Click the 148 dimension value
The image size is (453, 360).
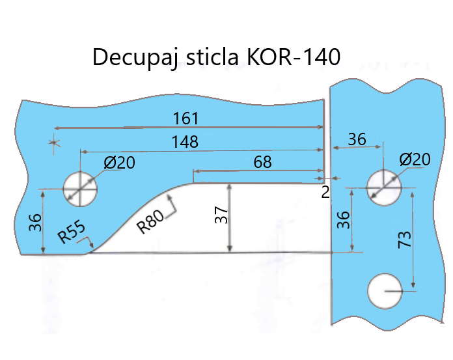tap(185, 141)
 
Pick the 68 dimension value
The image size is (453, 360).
tap(262, 163)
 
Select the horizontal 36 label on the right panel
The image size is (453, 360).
tap(357, 140)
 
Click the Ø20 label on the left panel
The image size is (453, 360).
tap(120, 163)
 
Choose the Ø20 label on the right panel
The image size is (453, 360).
tap(415, 159)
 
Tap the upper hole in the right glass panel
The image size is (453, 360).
tap(384, 187)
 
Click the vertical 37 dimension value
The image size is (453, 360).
tap(222, 215)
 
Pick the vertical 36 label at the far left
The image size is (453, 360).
tap(34, 223)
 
